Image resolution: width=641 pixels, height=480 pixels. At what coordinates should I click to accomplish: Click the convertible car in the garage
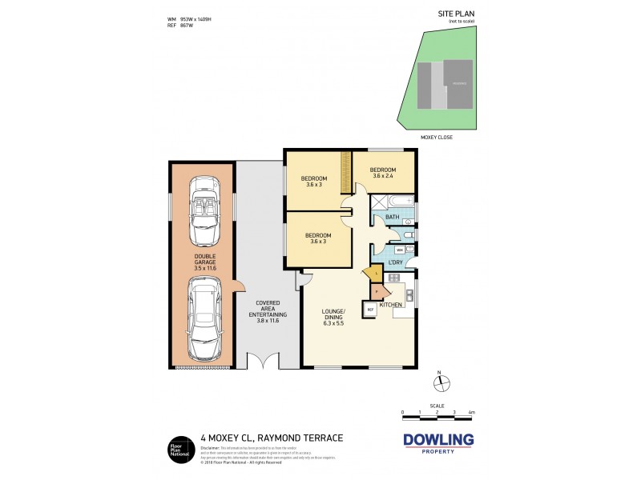click(x=201, y=213)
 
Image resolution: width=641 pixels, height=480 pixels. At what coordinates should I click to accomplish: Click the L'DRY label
click(x=395, y=262)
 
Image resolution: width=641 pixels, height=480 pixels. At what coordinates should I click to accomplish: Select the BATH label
click(x=392, y=217)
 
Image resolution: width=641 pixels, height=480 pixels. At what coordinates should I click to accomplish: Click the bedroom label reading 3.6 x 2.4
click(x=383, y=173)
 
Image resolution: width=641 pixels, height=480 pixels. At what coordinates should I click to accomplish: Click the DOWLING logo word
click(x=437, y=439)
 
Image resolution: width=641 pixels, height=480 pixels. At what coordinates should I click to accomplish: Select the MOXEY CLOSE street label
click(x=437, y=137)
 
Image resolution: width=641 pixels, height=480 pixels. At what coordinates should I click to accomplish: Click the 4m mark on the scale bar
click(x=472, y=413)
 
